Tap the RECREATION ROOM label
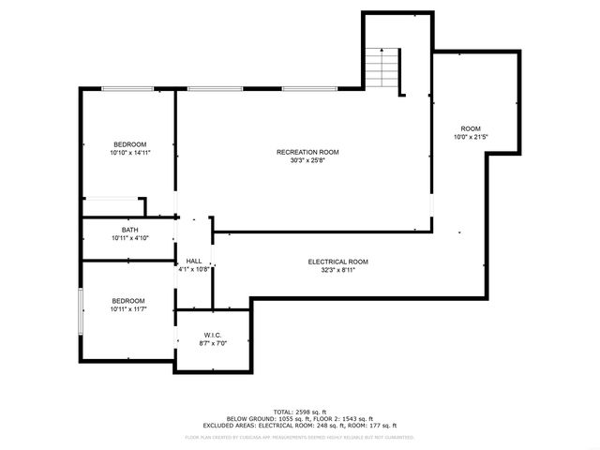307,152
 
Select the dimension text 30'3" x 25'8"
307,159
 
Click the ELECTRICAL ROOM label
338,261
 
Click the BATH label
130,230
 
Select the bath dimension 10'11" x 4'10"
130,238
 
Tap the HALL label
194,261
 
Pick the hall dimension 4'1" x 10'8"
194,269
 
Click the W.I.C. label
213,335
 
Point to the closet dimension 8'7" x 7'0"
213,343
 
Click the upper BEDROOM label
130,143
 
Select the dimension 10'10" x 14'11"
130,152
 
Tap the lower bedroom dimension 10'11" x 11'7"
129,308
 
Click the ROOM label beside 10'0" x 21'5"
471,128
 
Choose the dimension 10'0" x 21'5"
471,137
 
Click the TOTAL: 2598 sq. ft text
299,412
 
